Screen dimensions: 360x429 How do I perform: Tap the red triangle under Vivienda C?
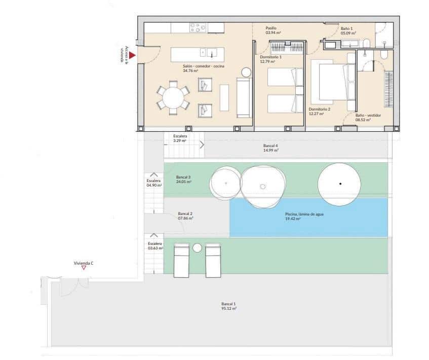84,267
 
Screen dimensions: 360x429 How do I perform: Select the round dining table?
173,98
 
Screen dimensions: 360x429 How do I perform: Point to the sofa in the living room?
244,98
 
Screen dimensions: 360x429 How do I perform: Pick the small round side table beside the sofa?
246,72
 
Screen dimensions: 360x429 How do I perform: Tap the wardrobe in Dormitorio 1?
287,48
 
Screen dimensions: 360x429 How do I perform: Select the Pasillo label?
271,28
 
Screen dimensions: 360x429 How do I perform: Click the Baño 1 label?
346,28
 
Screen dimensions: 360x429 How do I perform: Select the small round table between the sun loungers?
198,248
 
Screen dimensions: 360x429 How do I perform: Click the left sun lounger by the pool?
181,260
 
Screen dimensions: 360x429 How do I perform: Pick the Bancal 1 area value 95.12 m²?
229,308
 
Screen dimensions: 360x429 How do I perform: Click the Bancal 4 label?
271,145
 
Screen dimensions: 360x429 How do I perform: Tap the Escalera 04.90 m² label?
154,183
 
